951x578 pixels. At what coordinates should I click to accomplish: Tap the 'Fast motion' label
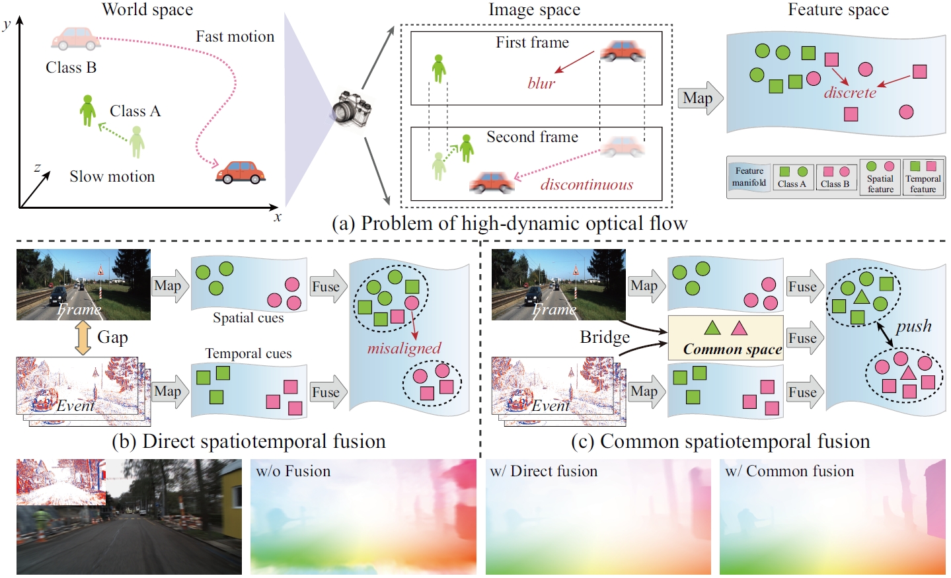(x=235, y=37)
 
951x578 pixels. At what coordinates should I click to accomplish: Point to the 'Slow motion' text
(x=112, y=176)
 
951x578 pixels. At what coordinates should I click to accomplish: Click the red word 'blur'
(x=541, y=83)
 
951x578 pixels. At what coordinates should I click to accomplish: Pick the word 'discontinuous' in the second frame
(x=586, y=185)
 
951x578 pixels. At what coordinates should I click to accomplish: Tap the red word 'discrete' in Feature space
(x=850, y=93)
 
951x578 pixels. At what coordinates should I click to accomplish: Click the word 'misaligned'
(x=404, y=348)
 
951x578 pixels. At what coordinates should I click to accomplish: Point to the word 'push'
(x=913, y=326)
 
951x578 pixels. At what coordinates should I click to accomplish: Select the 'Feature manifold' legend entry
(x=749, y=177)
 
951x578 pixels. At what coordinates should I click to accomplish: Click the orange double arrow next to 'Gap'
(x=83, y=338)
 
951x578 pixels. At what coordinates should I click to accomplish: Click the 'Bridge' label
(x=605, y=338)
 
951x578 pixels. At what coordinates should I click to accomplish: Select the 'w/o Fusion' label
(x=293, y=471)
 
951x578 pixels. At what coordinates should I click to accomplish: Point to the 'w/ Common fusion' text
(x=789, y=471)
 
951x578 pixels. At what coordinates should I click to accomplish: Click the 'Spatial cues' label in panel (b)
(x=248, y=318)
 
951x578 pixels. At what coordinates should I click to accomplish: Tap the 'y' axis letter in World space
(x=7, y=24)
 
